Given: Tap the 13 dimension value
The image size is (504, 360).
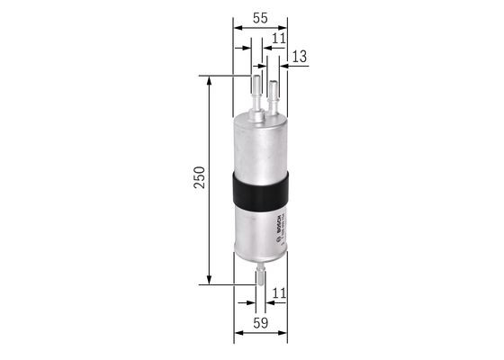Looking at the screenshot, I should pos(299,57).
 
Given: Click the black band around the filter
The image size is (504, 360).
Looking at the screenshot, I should pos(260,190).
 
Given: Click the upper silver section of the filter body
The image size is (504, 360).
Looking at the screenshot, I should pos(260,144).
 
